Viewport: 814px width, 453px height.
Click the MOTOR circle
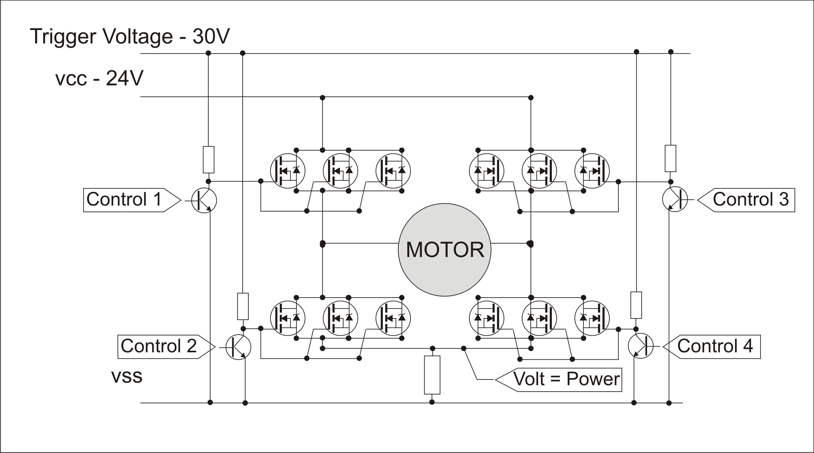[444, 250]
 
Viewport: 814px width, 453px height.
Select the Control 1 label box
[128, 200]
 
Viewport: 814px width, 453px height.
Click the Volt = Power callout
[563, 379]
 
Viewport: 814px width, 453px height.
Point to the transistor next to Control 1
[204, 200]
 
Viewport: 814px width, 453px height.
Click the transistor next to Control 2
[238, 347]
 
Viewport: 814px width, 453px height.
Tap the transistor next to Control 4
[640, 346]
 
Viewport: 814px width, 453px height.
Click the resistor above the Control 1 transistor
[208, 160]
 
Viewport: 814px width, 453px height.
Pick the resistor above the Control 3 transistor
[670, 158]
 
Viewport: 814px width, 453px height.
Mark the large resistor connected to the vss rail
[432, 375]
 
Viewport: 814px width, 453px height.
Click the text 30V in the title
[211, 36]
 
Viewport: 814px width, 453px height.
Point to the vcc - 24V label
[99, 78]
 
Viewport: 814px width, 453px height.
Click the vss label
[127, 376]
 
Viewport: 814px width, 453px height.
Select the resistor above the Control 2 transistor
[243, 306]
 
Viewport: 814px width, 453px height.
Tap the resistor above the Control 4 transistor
[636, 305]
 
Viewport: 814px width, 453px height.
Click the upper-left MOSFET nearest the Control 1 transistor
[287, 171]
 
